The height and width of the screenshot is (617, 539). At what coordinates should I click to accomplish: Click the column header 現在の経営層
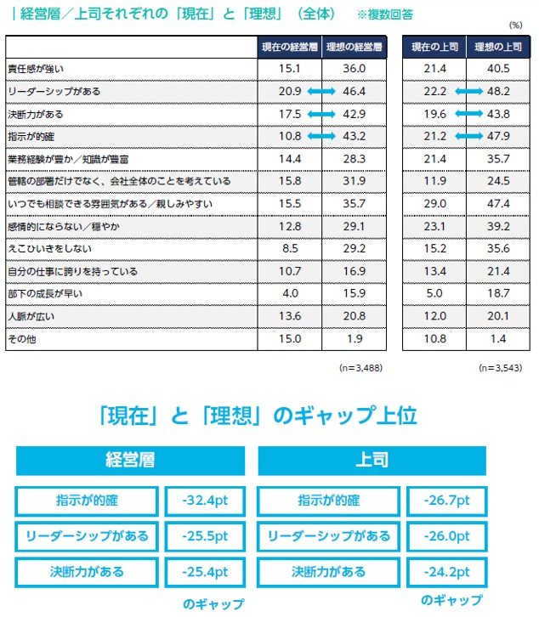(288, 46)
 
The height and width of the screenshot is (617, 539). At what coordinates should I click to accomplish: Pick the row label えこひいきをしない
(43, 249)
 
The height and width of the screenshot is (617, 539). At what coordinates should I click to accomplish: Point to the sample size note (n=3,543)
(500, 368)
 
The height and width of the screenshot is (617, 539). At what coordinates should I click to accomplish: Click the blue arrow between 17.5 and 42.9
(321, 113)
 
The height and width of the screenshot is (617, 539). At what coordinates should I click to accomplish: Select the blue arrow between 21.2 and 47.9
(462, 135)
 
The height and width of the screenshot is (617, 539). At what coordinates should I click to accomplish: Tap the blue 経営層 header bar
(130, 461)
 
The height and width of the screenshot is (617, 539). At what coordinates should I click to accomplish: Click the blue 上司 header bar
(372, 461)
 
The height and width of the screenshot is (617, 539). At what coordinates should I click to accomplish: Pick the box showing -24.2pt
(446, 571)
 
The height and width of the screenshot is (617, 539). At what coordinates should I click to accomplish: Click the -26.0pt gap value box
(446, 536)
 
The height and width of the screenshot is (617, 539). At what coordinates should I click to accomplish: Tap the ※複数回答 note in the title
(386, 15)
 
